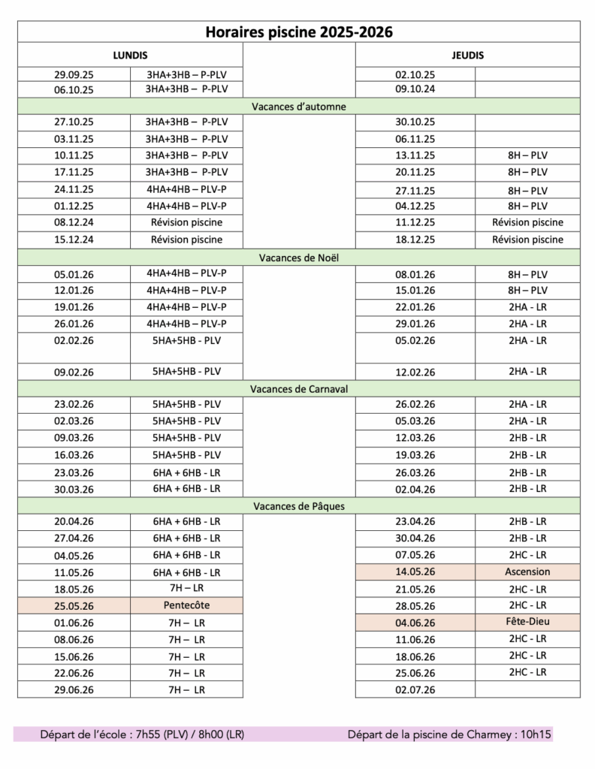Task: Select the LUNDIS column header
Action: click(x=130, y=56)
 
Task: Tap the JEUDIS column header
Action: click(x=468, y=56)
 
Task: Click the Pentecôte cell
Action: click(x=186, y=605)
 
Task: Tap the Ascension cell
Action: click(x=528, y=571)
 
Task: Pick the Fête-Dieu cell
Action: click(x=528, y=622)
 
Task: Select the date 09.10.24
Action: click(x=415, y=89)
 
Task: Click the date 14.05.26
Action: click(x=415, y=572)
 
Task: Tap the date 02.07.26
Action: click(x=415, y=689)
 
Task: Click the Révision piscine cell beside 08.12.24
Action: click(x=186, y=222)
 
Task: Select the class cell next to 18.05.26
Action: click(x=186, y=589)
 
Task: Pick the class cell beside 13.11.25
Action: click(x=528, y=155)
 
